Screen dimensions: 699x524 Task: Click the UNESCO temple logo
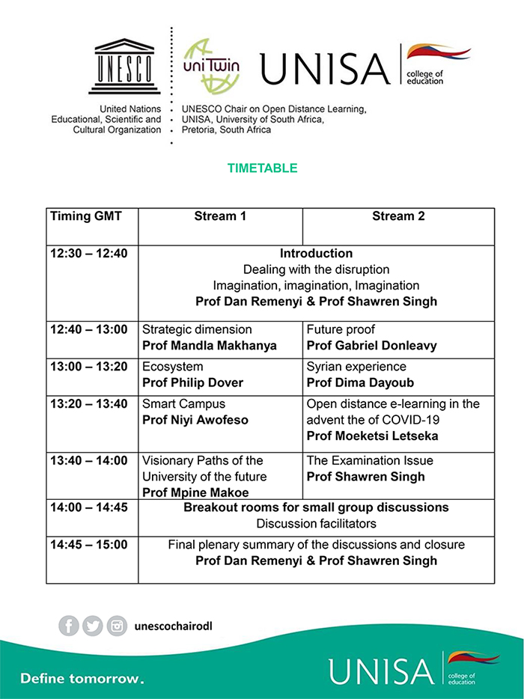pyautogui.click(x=124, y=67)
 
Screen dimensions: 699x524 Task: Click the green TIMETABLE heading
pyautogui.click(x=262, y=168)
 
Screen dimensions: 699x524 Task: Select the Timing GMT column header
pyautogui.click(x=85, y=216)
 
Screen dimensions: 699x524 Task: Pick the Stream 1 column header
pyautogui.click(x=220, y=216)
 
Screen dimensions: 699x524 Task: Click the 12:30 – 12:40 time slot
pyautogui.click(x=89, y=254)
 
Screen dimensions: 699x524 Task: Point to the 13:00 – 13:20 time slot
pyautogui.click(x=89, y=367)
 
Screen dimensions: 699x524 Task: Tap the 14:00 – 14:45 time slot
pyautogui.click(x=89, y=507)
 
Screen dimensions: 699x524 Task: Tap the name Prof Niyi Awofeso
pyautogui.click(x=195, y=421)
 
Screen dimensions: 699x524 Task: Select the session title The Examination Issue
pyautogui.click(x=370, y=460)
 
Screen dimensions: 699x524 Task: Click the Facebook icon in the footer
pyautogui.click(x=69, y=626)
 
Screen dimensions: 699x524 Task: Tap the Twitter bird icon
pyautogui.click(x=93, y=626)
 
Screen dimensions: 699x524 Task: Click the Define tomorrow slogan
pyautogui.click(x=82, y=679)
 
